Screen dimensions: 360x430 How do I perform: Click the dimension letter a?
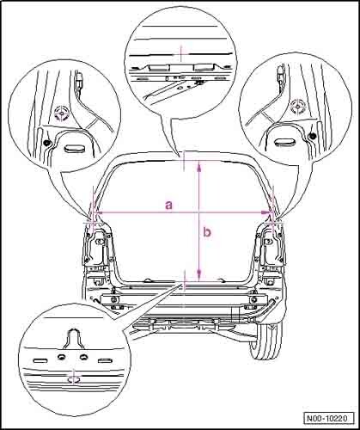pos(169,206)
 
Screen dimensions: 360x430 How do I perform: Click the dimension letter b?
pos(207,231)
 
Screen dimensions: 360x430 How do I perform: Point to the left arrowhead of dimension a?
pos(98,212)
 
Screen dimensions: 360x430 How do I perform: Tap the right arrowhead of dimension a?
pos(266,212)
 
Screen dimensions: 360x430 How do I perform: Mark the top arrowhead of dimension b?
pos(199,165)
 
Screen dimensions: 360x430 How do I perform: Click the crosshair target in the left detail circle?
pos(62,114)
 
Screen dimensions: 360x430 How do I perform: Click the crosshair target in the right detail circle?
pos(298,107)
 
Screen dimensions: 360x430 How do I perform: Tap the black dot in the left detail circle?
pos(46,143)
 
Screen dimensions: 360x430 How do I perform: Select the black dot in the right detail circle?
pos(313,135)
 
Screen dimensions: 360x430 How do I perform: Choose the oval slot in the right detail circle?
pos(284,142)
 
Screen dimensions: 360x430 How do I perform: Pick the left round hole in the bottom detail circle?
pos(61,357)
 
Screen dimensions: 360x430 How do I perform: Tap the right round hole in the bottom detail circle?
pos(84,357)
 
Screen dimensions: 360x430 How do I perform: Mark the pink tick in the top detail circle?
pos(181,52)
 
